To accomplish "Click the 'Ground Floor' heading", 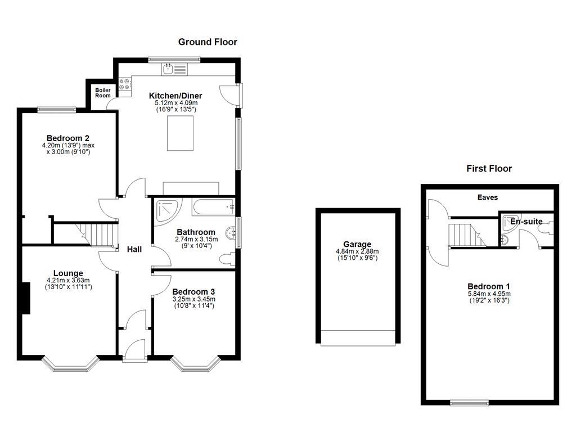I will pyautogui.click(x=208, y=42).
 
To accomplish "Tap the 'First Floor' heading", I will pyautogui.click(x=489, y=168).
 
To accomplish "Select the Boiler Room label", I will pyautogui.click(x=103, y=93).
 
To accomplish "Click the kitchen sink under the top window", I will pyautogui.click(x=175, y=69).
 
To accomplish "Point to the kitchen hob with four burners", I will pyautogui.click(x=125, y=84).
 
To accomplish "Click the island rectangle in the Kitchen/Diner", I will pyautogui.click(x=180, y=133).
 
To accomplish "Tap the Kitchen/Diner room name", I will pyautogui.click(x=175, y=96).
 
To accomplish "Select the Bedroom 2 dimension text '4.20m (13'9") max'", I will pyautogui.click(x=68, y=145).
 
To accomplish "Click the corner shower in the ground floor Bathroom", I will pyautogui.click(x=166, y=209).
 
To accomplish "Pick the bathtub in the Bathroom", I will pyautogui.click(x=213, y=206).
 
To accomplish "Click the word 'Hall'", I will pyautogui.click(x=134, y=249).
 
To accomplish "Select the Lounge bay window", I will pyautogui.click(x=71, y=364).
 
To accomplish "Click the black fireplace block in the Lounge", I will pyautogui.click(x=25, y=298).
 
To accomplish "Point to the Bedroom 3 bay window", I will pyautogui.click(x=193, y=364).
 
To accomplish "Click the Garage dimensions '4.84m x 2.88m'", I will pyautogui.click(x=357, y=251).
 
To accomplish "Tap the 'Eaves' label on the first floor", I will pyautogui.click(x=487, y=197).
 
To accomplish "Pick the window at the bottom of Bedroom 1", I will pyautogui.click(x=469, y=402).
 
